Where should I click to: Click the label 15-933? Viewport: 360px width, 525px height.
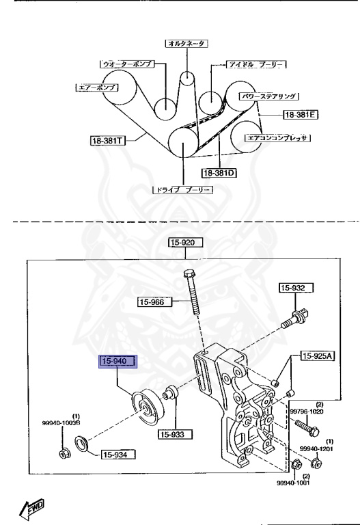(x=176, y=433)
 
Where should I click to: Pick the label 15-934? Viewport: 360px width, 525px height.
(x=119, y=454)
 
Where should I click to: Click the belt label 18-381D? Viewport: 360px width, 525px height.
(x=219, y=173)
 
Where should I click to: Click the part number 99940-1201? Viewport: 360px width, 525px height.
(x=315, y=448)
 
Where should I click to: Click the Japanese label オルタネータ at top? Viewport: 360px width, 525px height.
(x=186, y=43)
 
